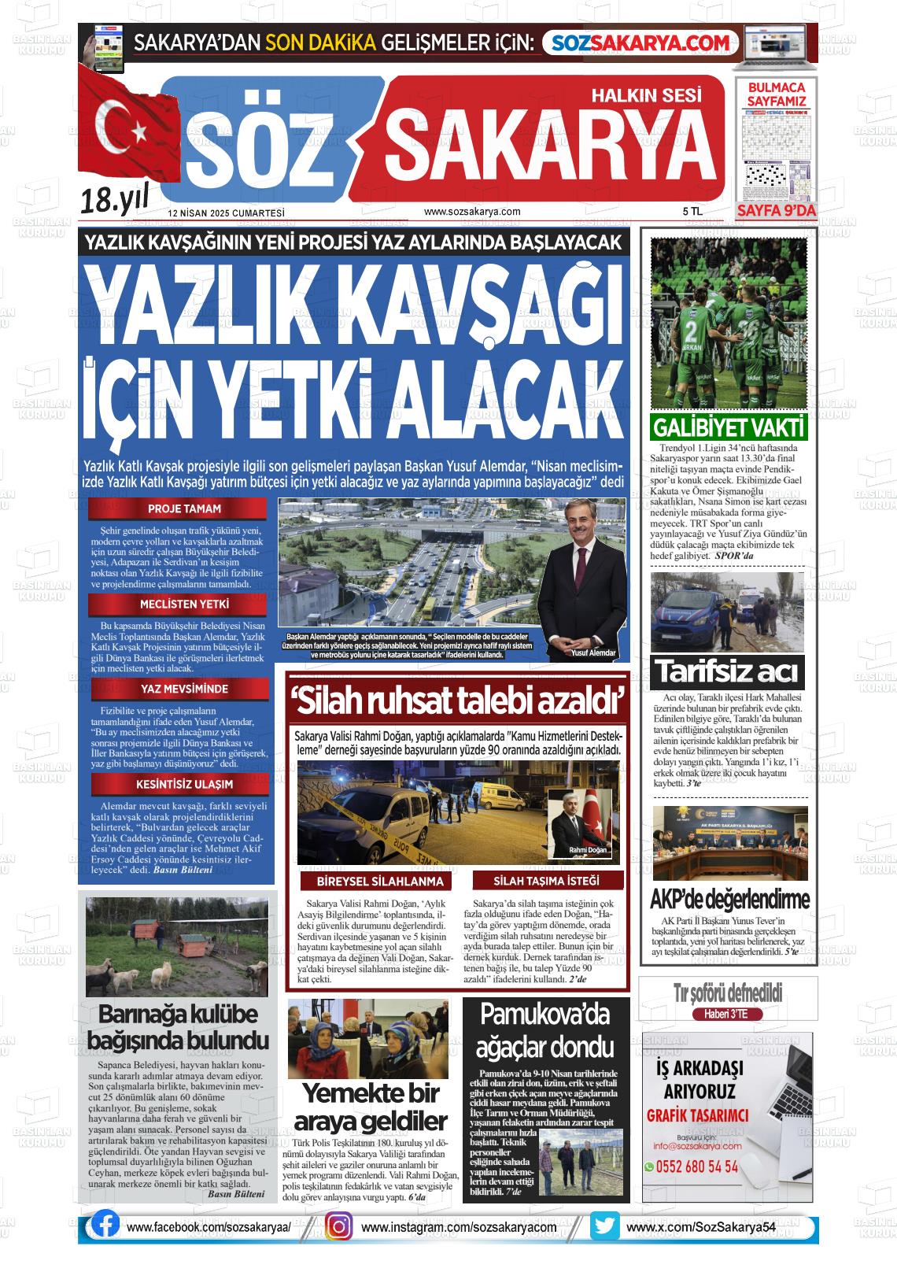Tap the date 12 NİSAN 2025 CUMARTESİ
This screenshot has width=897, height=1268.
point(226,213)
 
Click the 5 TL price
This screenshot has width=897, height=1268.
point(692,212)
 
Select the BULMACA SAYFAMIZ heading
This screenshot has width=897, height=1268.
point(776,94)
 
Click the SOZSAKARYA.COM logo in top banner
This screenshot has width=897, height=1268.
point(642,43)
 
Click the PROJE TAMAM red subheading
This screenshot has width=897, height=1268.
point(184,508)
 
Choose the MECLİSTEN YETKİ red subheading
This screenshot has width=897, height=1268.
point(184,604)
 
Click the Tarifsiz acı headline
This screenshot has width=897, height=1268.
point(727,672)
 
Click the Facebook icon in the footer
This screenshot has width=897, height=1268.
point(105,1225)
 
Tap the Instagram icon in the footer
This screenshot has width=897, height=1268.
point(339,1226)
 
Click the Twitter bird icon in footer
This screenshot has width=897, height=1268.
point(604,1226)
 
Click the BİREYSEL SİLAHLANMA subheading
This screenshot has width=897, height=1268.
point(379,882)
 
